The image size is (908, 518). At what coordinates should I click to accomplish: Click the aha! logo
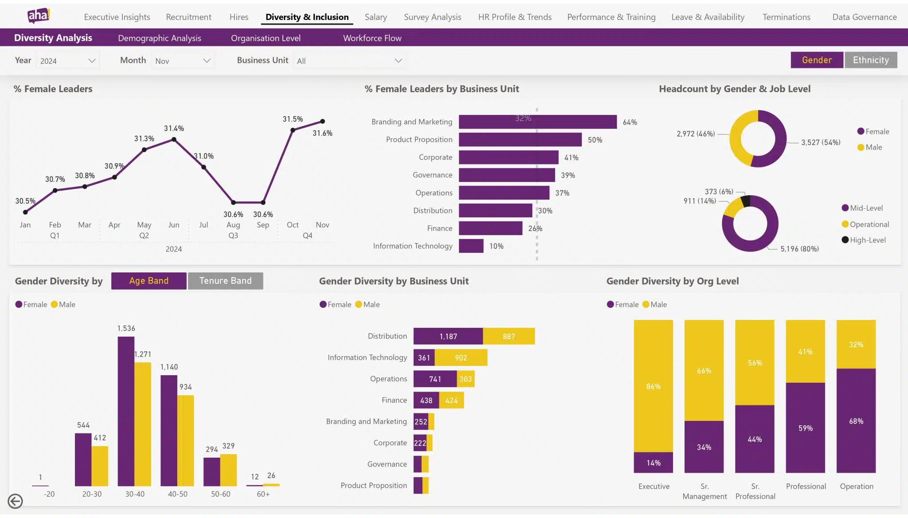coord(39,16)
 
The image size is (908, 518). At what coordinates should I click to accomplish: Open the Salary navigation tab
coord(376,17)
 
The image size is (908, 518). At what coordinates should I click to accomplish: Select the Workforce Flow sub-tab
coord(372,38)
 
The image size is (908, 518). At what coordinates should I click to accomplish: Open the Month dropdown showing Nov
coord(182,61)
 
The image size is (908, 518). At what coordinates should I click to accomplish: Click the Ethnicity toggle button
coord(870,60)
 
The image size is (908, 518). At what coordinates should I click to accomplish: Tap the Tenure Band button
coord(225,281)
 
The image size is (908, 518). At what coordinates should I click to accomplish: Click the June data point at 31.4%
coord(174,140)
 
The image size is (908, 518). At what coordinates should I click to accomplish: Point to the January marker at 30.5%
coord(25,212)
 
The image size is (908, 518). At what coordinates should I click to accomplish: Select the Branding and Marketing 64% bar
coord(537,122)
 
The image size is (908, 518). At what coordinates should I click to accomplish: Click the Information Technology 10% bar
coord(471,246)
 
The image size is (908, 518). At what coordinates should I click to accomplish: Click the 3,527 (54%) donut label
coord(820,142)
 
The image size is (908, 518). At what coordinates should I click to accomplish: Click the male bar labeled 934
coord(185,440)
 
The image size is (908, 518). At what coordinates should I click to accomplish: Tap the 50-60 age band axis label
coord(220,494)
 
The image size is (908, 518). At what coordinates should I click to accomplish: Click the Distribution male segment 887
coord(509,336)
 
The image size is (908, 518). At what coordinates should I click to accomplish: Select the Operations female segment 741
coord(435,379)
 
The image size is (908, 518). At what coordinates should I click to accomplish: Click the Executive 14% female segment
coord(653,463)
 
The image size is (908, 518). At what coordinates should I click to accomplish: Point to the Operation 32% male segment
coord(856,345)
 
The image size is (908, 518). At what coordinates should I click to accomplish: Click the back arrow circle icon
coord(16,501)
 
